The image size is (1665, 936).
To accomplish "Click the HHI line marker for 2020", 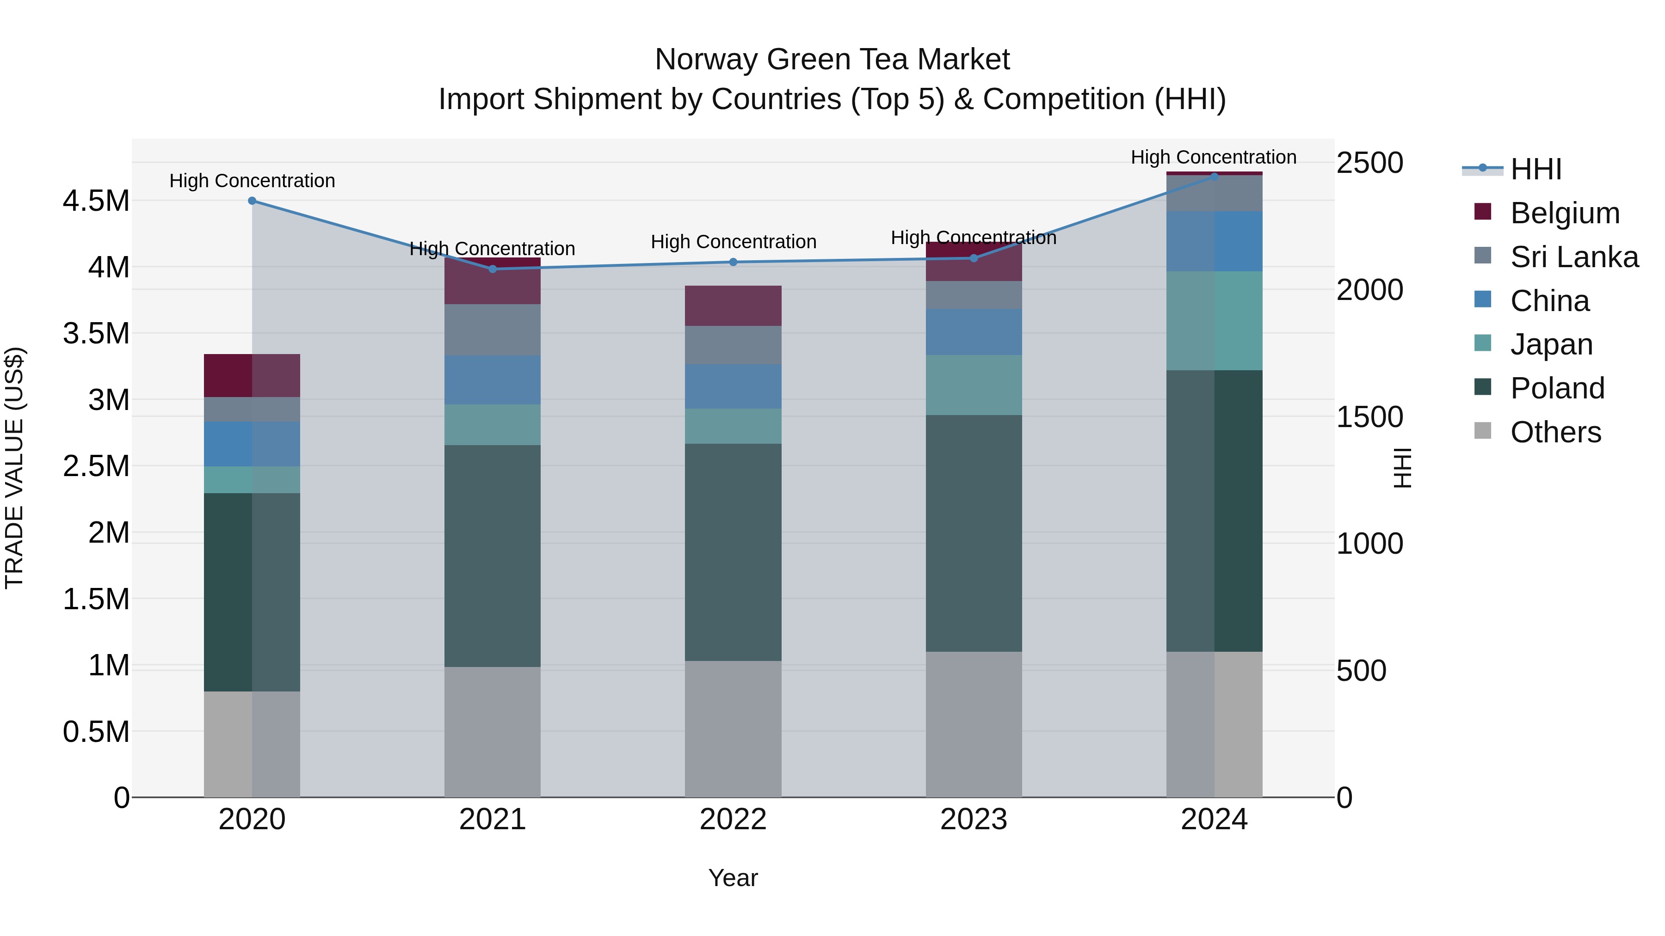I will pyautogui.click(x=252, y=201).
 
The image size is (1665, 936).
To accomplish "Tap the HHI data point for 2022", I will pyautogui.click(x=733, y=262).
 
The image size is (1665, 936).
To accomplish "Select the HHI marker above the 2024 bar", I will pyautogui.click(x=1214, y=177).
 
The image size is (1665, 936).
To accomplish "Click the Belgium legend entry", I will pyautogui.click(x=1565, y=213).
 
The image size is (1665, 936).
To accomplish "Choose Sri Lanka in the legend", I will pyautogui.click(x=1574, y=257).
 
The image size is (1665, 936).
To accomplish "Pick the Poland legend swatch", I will pyautogui.click(x=1483, y=388).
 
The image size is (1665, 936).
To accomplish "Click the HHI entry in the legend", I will pyautogui.click(x=1535, y=169).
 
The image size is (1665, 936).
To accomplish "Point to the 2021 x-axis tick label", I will pyautogui.click(x=493, y=820).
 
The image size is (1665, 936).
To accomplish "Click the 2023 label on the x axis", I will pyautogui.click(x=974, y=820).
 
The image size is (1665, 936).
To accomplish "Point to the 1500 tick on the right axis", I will pyautogui.click(x=1369, y=417).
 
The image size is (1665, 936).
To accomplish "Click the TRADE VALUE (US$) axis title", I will pyautogui.click(x=15, y=468).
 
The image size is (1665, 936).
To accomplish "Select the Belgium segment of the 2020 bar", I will pyautogui.click(x=252, y=375).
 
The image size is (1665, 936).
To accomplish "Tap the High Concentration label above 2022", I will pyautogui.click(x=734, y=242).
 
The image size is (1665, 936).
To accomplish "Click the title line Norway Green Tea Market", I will pyautogui.click(x=832, y=60).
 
